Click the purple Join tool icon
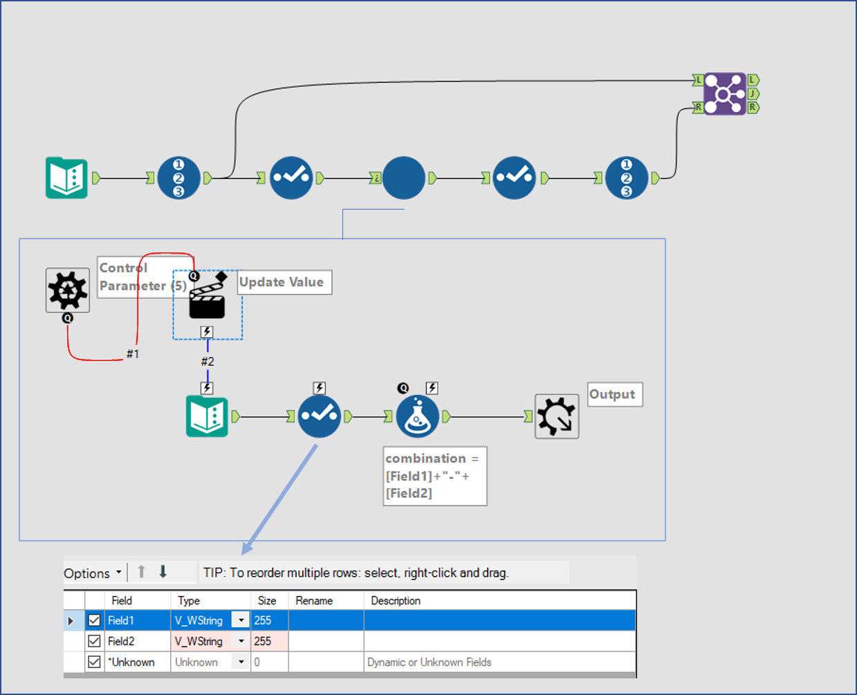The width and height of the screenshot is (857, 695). click(725, 93)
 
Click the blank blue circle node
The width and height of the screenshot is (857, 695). click(403, 178)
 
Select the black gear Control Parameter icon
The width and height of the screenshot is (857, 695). click(67, 290)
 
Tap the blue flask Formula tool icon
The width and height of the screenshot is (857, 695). click(418, 416)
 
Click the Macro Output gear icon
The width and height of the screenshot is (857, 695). click(557, 416)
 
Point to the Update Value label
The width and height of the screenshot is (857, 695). click(284, 282)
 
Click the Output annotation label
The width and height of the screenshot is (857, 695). click(614, 394)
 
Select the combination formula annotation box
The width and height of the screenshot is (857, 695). click(434, 476)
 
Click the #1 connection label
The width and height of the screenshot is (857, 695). click(133, 354)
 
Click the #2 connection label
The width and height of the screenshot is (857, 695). click(208, 362)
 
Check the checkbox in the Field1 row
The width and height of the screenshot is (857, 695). click(95, 621)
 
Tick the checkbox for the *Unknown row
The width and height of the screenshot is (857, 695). click(95, 662)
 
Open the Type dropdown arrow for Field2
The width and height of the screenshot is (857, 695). click(241, 642)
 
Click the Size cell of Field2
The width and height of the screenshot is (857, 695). click(268, 642)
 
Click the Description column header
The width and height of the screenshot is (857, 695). click(396, 601)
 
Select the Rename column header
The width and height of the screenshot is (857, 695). click(314, 601)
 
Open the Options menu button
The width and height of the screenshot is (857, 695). click(93, 573)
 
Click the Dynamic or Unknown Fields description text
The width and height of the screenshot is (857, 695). click(429, 662)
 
